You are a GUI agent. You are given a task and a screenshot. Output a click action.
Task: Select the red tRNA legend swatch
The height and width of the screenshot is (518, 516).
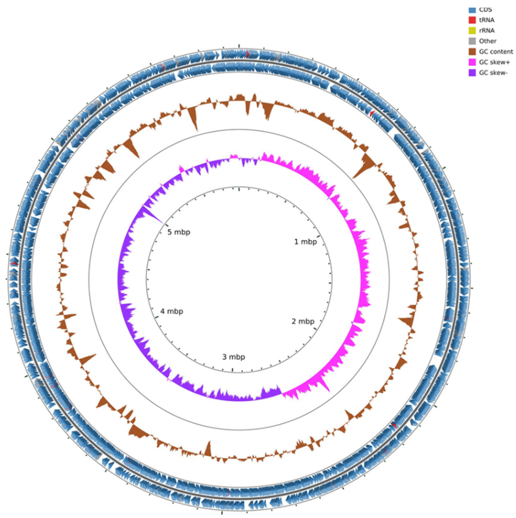472,20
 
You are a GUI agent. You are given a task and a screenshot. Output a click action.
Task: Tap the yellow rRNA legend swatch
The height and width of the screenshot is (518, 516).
472,31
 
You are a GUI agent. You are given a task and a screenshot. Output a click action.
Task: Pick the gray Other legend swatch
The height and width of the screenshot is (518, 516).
472,41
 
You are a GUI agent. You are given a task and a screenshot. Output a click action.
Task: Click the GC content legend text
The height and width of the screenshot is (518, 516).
496,51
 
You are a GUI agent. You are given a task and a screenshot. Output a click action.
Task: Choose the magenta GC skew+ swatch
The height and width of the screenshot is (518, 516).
472,62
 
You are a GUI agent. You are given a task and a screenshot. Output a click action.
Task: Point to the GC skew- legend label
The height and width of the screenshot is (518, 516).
493,73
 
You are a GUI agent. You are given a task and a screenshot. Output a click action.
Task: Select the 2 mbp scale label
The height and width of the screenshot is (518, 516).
303,321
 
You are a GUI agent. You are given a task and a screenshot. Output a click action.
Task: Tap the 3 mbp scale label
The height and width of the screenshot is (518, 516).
233,357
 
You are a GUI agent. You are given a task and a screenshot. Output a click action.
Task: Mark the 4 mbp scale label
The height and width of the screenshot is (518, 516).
172,311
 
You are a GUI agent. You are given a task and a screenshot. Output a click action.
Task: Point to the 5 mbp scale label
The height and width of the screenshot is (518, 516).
179,232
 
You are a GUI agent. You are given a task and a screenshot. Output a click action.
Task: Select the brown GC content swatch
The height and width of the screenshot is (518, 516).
472,51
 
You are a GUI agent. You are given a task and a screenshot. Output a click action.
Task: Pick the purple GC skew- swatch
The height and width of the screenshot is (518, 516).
472,73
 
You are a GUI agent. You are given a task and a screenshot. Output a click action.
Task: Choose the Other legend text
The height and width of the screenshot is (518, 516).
488,41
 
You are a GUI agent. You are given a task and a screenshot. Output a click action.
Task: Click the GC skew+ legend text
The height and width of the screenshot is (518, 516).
494,62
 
